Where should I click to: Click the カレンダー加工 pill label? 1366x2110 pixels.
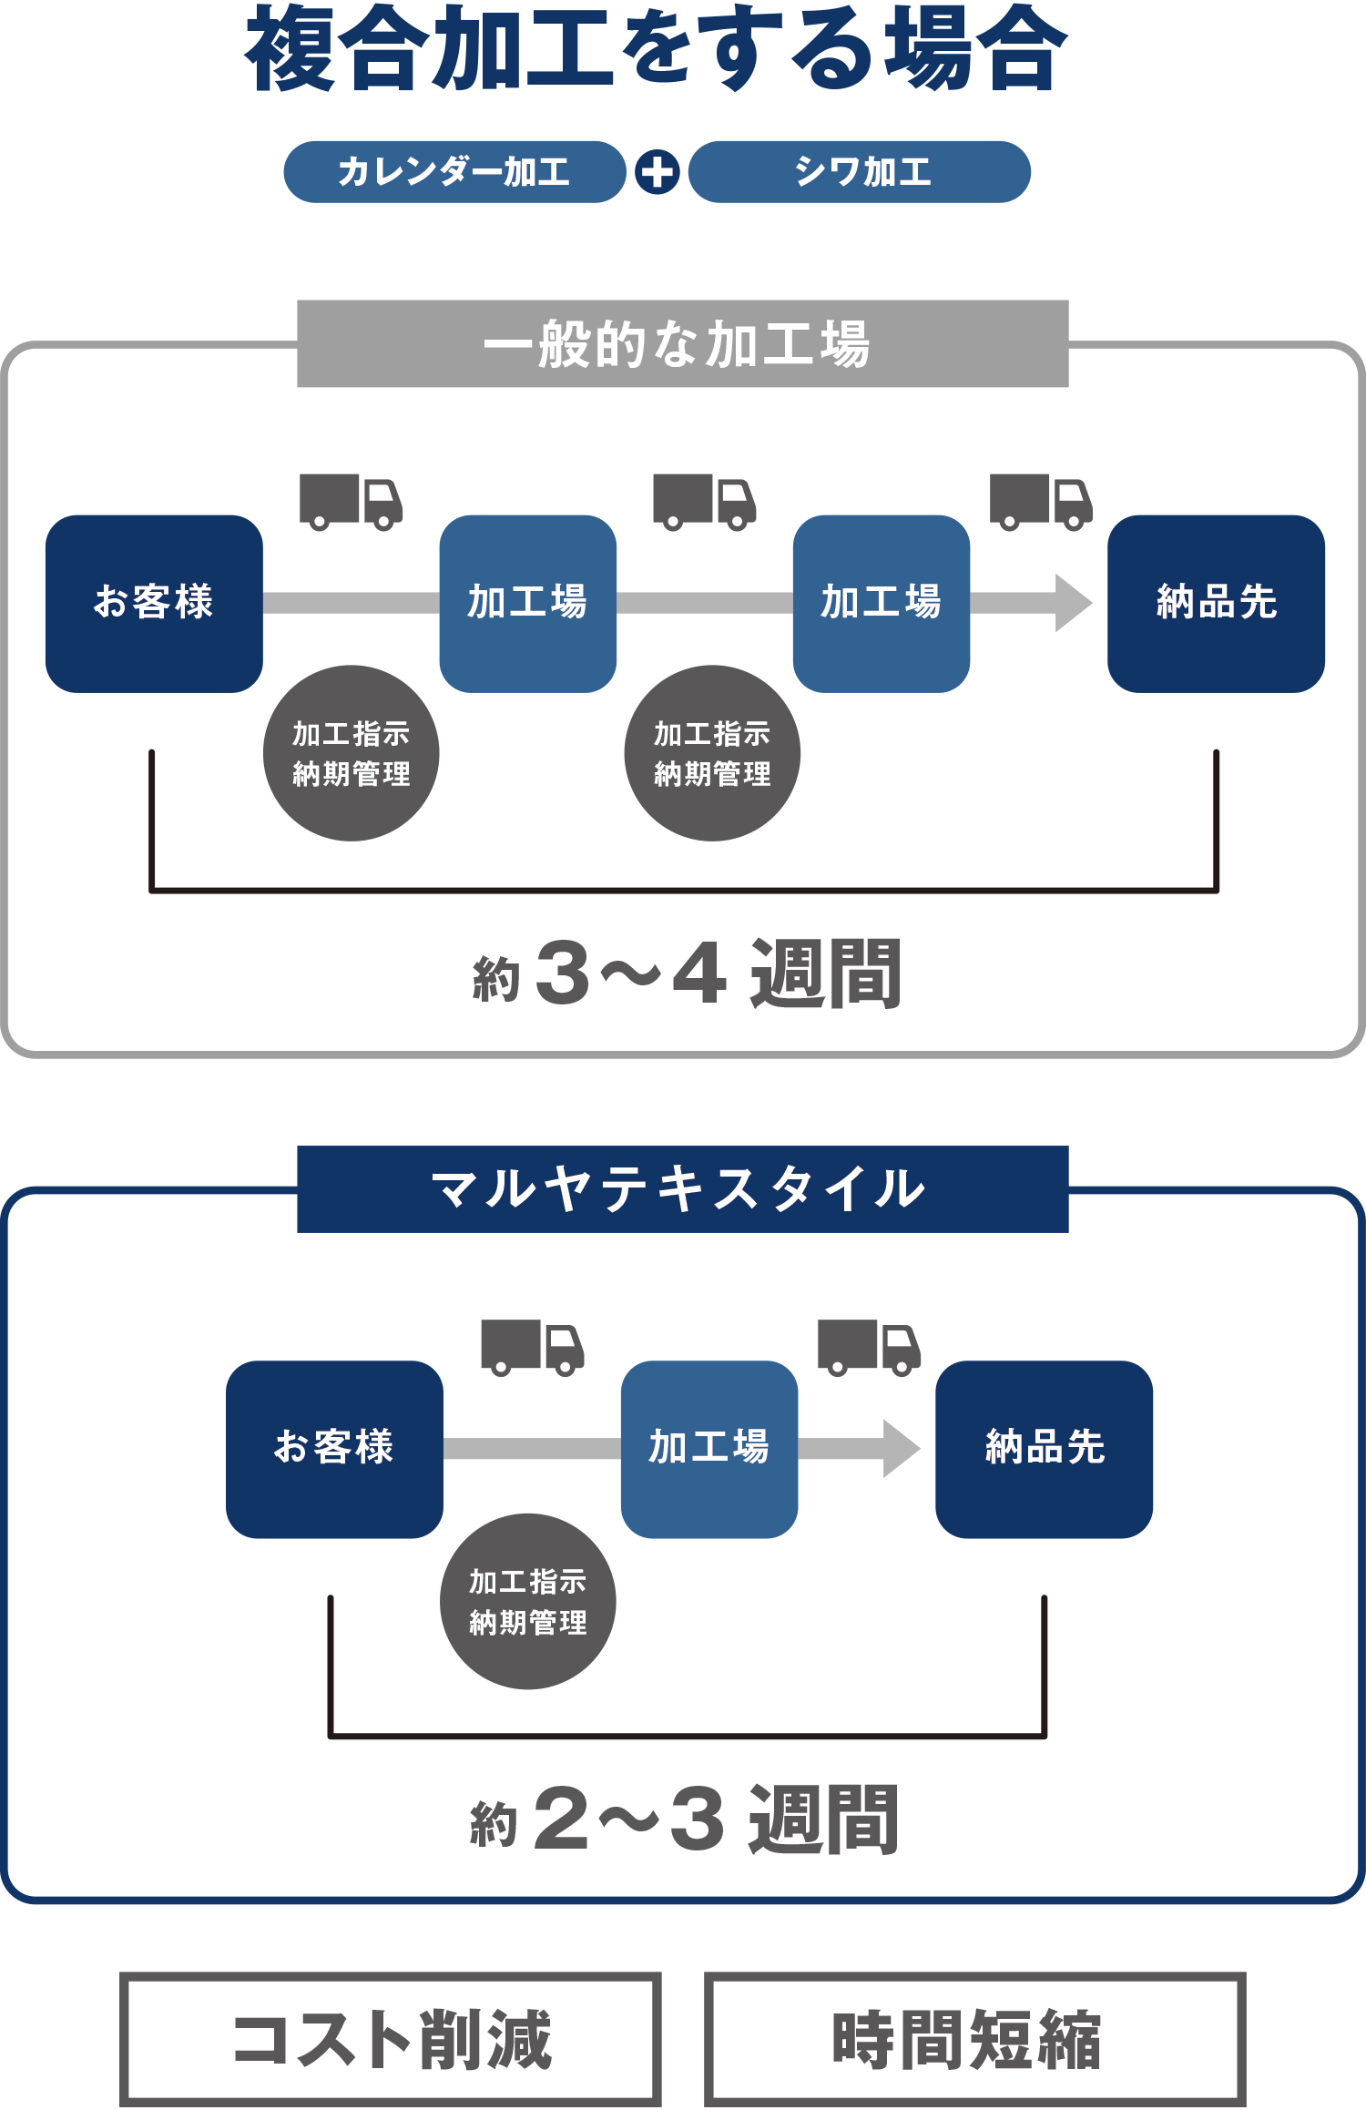click(x=454, y=171)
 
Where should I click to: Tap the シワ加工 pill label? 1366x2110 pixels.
click(x=860, y=171)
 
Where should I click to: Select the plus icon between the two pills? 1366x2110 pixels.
click(x=658, y=172)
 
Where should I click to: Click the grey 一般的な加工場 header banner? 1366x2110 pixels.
click(x=682, y=343)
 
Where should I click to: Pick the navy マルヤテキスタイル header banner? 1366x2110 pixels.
click(x=682, y=1188)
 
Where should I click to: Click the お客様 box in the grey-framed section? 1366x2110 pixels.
click(x=154, y=603)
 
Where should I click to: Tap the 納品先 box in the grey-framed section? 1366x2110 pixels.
click(x=1216, y=603)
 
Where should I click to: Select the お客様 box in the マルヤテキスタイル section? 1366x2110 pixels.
click(x=334, y=1449)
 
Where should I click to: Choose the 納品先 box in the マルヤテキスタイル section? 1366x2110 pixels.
click(x=1044, y=1449)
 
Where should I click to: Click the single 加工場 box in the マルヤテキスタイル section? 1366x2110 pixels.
click(x=708, y=1449)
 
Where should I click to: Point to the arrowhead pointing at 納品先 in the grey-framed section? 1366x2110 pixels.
click(x=1073, y=603)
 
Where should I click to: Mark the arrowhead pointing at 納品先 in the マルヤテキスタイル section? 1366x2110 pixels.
click(x=901, y=1449)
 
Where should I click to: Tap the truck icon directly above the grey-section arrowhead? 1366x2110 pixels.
click(x=1041, y=502)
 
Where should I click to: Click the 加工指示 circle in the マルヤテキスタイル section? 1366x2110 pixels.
click(x=527, y=1601)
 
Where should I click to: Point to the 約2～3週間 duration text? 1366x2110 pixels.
click(x=684, y=1819)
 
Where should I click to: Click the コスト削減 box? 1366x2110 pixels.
click(x=391, y=2039)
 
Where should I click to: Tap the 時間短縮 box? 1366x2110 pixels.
click(x=974, y=2039)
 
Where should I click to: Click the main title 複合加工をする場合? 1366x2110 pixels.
click(x=656, y=50)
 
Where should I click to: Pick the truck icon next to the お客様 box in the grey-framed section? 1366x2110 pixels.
click(x=351, y=502)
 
